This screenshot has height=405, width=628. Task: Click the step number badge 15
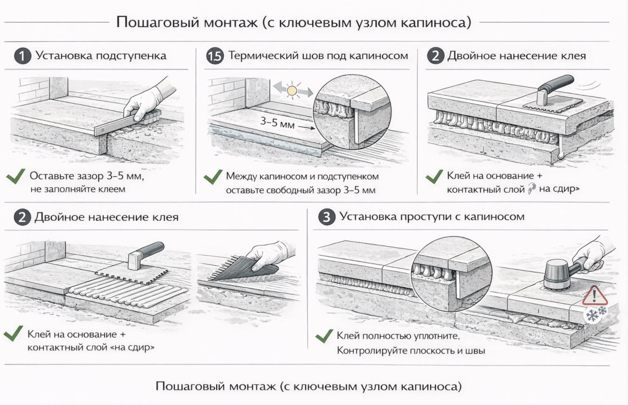[214, 56]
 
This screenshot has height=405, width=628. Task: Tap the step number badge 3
[328, 218]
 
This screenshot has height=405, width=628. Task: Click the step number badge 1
[22, 56]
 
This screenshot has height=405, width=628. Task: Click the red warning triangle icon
[594, 296]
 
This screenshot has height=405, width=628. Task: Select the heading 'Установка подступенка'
[101, 56]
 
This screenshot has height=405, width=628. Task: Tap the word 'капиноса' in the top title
[437, 23]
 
